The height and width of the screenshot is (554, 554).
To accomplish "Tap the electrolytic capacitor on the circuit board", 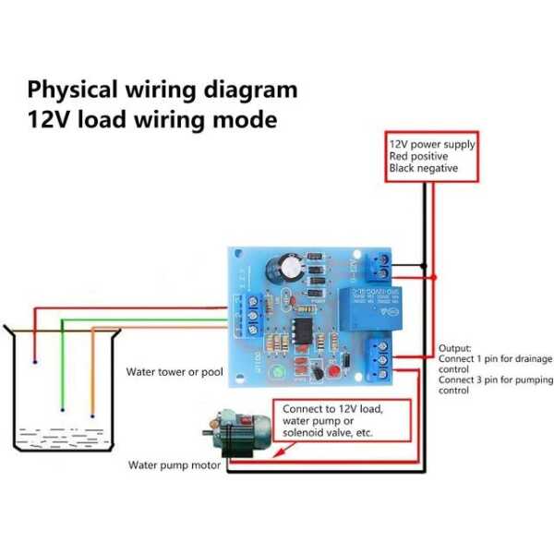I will tap(283, 269).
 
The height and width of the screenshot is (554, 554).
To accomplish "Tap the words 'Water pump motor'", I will tap(174, 464).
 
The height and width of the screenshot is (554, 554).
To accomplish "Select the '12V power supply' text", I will tap(431, 145).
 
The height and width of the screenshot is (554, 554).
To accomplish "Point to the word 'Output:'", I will tap(455, 348).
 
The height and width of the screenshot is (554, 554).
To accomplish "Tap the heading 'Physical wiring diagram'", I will tap(163, 90).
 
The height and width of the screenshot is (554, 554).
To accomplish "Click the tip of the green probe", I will tap(63, 408).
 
